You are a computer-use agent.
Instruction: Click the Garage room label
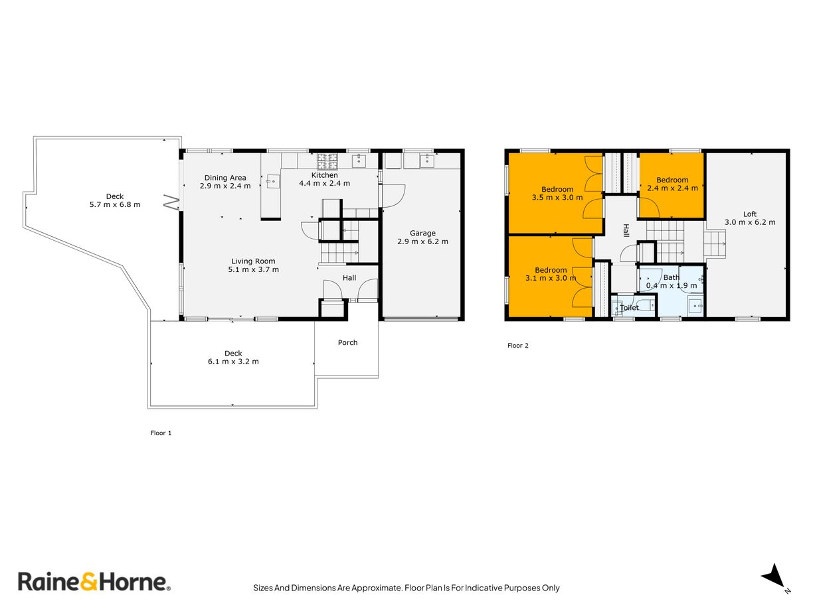(422, 234)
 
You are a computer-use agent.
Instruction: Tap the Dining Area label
(225, 178)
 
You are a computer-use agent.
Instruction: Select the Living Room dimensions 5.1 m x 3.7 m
(253, 269)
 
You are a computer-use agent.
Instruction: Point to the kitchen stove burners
(327, 161)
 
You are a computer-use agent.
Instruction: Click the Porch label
(348, 343)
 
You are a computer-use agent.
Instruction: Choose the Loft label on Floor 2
(750, 214)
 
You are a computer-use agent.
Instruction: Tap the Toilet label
(629, 308)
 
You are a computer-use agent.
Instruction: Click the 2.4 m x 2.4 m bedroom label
(672, 188)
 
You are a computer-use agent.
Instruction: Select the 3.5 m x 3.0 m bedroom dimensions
(557, 198)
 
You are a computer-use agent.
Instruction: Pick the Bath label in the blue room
(671, 277)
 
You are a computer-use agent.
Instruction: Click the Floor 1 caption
(161, 433)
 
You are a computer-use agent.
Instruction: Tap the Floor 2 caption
(518, 346)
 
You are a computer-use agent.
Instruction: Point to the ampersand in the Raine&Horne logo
(88, 582)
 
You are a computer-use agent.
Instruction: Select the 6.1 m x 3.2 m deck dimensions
(233, 362)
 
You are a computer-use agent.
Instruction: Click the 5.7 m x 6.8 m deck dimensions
(115, 204)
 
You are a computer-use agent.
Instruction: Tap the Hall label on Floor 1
(349, 278)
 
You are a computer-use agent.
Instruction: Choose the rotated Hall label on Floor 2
(626, 230)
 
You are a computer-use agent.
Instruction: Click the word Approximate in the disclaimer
(377, 588)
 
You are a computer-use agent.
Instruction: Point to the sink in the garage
(427, 161)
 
